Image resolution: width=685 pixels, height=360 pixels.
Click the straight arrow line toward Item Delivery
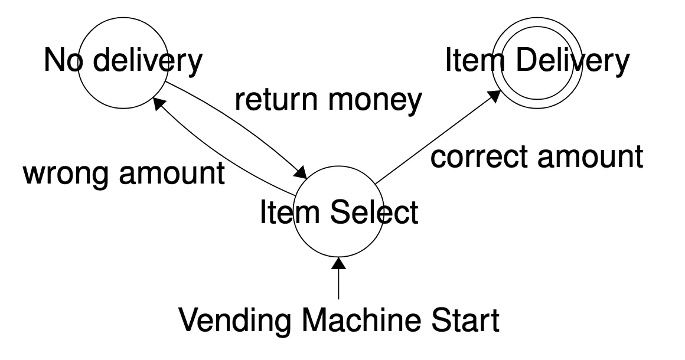click(434, 139)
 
